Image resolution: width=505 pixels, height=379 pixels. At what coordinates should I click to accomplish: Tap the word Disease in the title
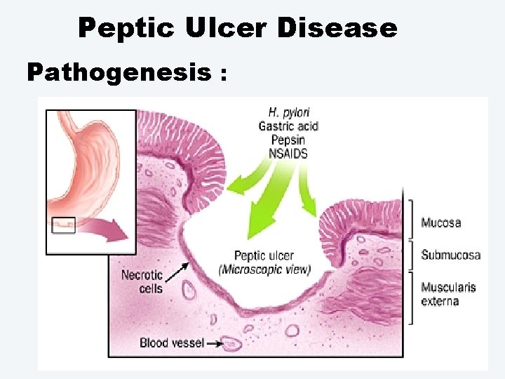337,28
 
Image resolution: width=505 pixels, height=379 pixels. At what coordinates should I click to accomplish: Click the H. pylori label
288,112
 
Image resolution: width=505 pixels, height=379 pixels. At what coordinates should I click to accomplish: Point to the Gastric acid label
288,126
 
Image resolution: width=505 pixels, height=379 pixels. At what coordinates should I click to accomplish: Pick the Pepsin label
288,140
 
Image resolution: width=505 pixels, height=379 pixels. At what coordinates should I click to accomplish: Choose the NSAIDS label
288,153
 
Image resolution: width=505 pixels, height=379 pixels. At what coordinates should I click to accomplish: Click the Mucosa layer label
440,223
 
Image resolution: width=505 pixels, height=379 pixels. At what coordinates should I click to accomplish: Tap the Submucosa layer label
450,255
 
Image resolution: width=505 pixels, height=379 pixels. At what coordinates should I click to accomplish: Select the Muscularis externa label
448,294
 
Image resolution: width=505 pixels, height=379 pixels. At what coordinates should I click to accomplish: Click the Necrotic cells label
142,281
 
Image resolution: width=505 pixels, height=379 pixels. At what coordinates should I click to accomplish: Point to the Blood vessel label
172,343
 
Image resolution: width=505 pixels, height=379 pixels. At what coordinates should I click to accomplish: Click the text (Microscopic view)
264,270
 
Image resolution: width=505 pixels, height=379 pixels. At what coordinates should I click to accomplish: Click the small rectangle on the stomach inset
64,226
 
